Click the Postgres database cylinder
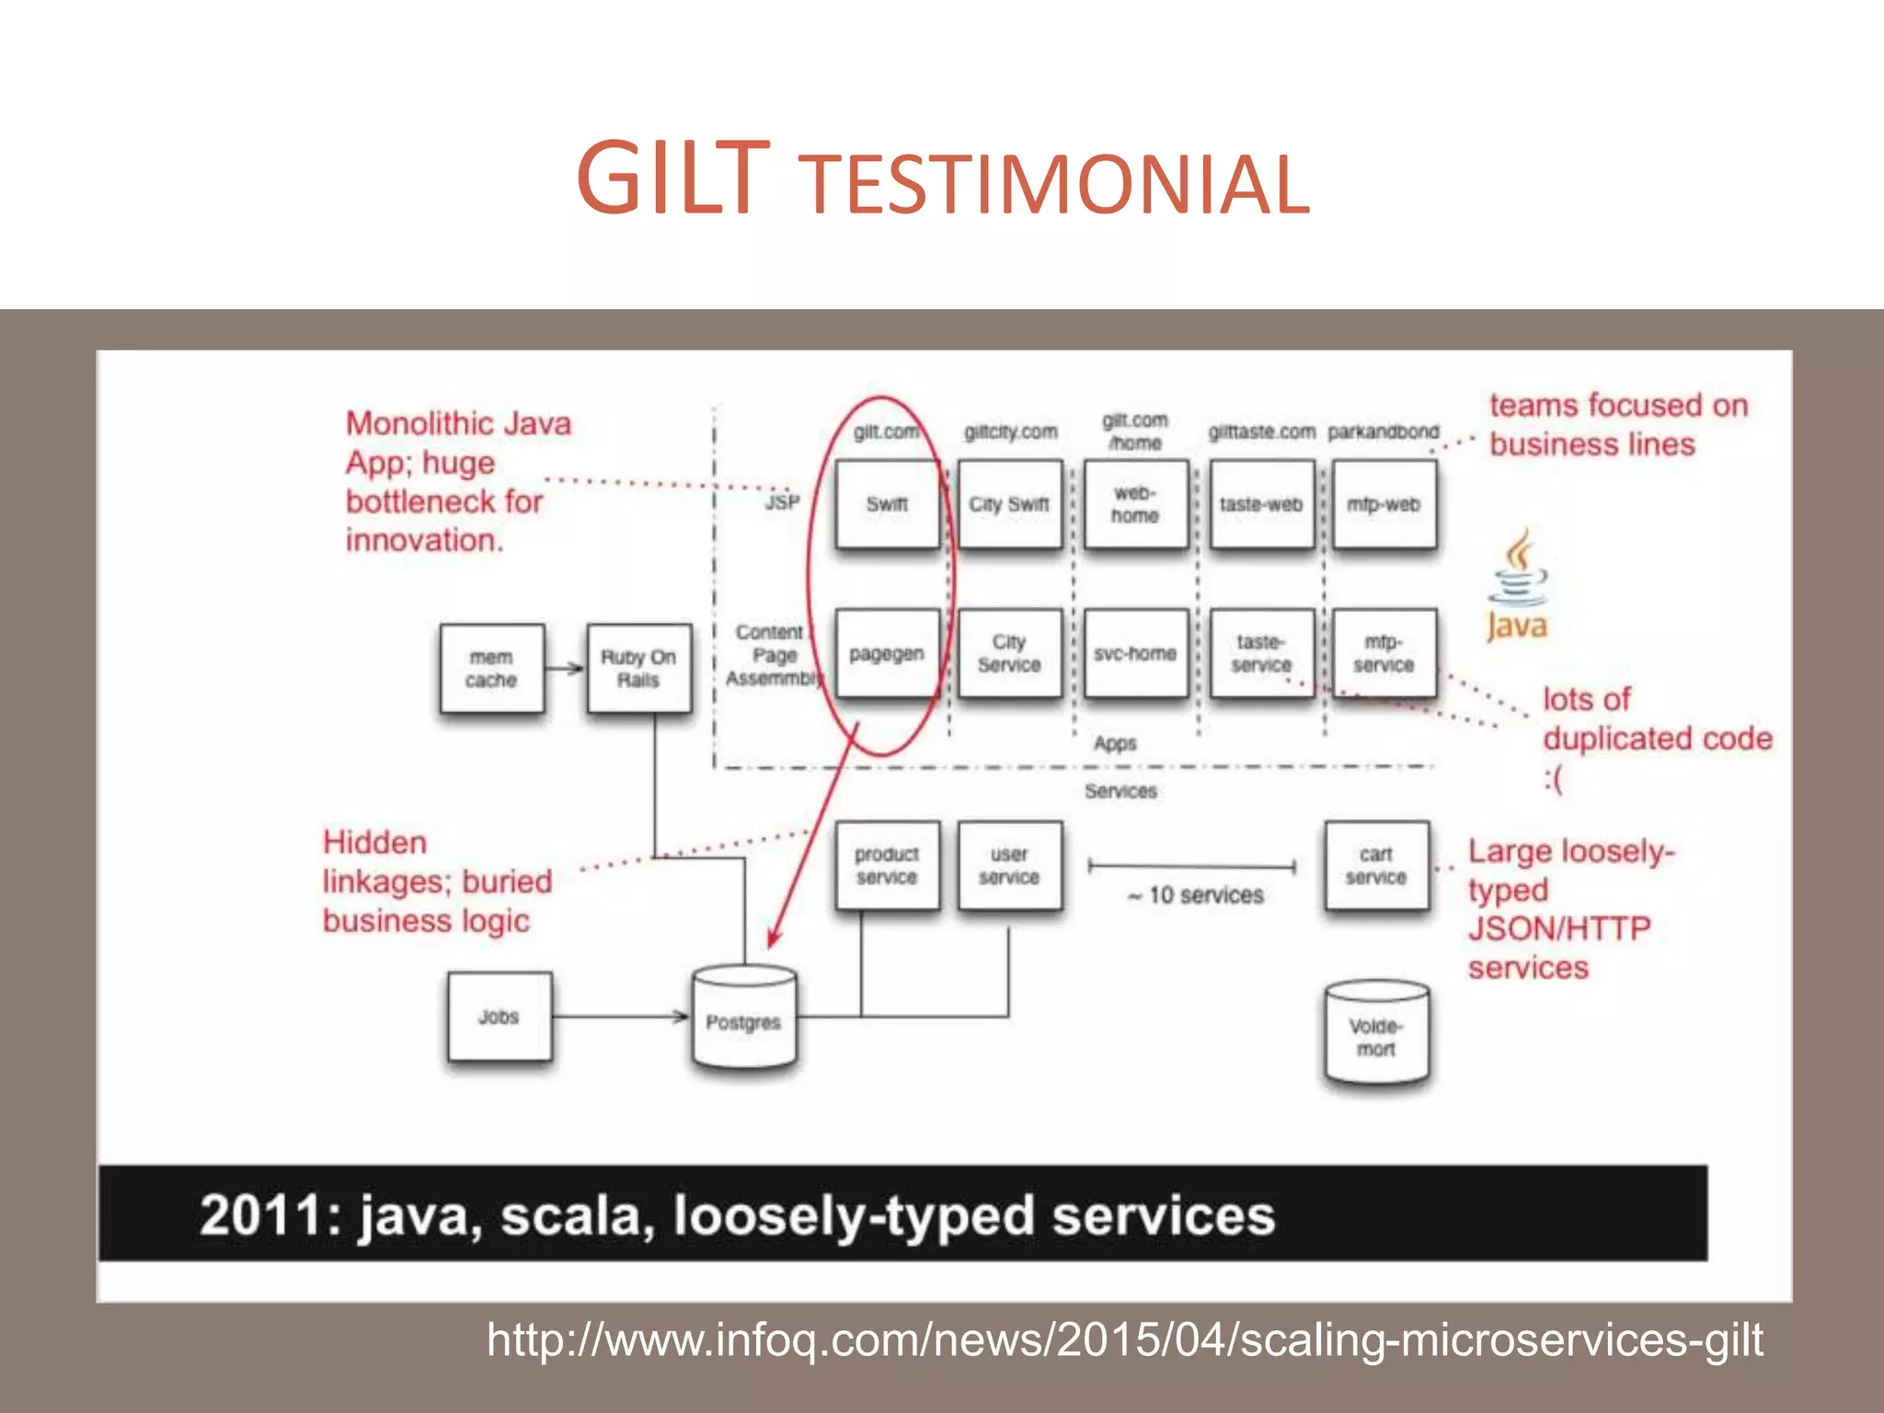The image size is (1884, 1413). pyautogui.click(x=744, y=1019)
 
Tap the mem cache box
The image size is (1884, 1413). pyautogui.click(x=491, y=669)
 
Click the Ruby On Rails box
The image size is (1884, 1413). pyautogui.click(x=638, y=669)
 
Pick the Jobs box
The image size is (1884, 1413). pyautogui.click(x=500, y=1017)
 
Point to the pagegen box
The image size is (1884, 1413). pyautogui.click(x=887, y=654)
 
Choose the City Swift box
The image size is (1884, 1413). pyautogui.click(x=1009, y=504)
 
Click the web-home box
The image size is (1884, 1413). pyautogui.click(x=1135, y=504)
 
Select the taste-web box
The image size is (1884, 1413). pyautogui.click(x=1261, y=504)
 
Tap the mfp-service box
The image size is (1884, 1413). pyautogui.click(x=1384, y=654)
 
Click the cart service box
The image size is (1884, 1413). pyautogui.click(x=1376, y=866)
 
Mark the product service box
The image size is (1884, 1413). pyautogui.click(x=887, y=866)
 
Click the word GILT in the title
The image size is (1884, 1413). pyautogui.click(x=672, y=179)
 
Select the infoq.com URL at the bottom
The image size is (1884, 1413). pyautogui.click(x=1124, y=1339)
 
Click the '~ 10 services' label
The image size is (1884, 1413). pyautogui.click(x=1196, y=895)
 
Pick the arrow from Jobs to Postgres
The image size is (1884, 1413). pyautogui.click(x=620, y=1017)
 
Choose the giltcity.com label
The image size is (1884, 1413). pyautogui.click(x=1010, y=431)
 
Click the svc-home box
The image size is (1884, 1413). pyautogui.click(x=1135, y=654)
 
